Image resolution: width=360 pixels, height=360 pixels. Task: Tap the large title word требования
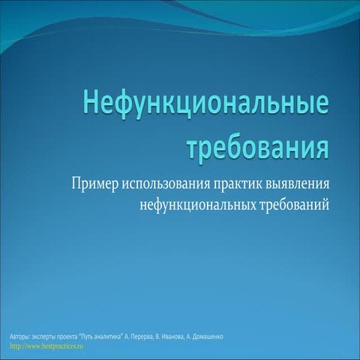pyautogui.click(x=259, y=144)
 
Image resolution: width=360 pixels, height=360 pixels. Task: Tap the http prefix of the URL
pyautogui.click(x=15, y=346)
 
